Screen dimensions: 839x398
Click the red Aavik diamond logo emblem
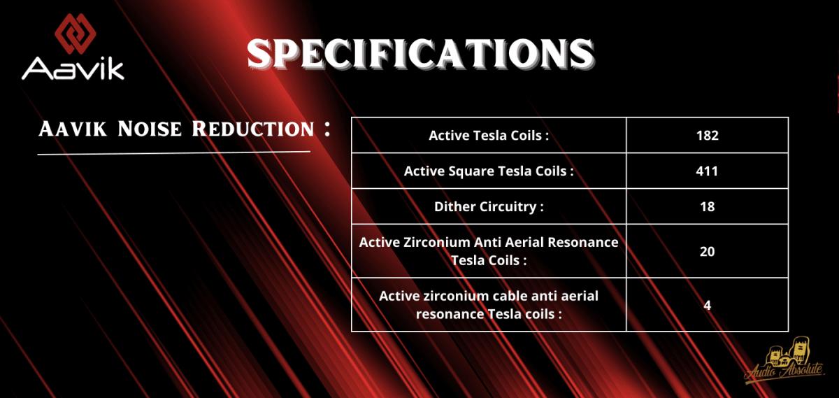pyautogui.click(x=76, y=34)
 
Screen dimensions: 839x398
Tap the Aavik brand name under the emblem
pyautogui.click(x=73, y=69)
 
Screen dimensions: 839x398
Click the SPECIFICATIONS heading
pyautogui.click(x=420, y=54)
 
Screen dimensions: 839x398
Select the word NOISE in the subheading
pyautogui.click(x=150, y=129)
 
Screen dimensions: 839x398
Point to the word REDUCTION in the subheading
pyautogui.click(x=253, y=129)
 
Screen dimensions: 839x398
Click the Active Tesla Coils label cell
pyautogui.click(x=489, y=135)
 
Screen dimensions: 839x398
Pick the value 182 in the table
pyautogui.click(x=707, y=135)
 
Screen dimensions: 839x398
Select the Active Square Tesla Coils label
pyautogui.click(x=489, y=171)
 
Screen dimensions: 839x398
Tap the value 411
pyautogui.click(x=707, y=171)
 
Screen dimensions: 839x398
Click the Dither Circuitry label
pyautogui.click(x=489, y=206)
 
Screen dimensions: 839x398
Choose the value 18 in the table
pyautogui.click(x=707, y=206)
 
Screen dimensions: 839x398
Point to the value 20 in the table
pyautogui.click(x=707, y=251)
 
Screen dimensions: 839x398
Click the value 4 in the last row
pyautogui.click(x=707, y=305)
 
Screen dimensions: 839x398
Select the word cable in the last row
pyautogui.click(x=510, y=296)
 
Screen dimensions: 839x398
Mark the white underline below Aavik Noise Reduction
pyautogui.click(x=174, y=153)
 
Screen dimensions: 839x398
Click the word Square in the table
pyautogui.click(x=471, y=171)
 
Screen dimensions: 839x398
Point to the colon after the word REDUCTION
pyautogui.click(x=327, y=129)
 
